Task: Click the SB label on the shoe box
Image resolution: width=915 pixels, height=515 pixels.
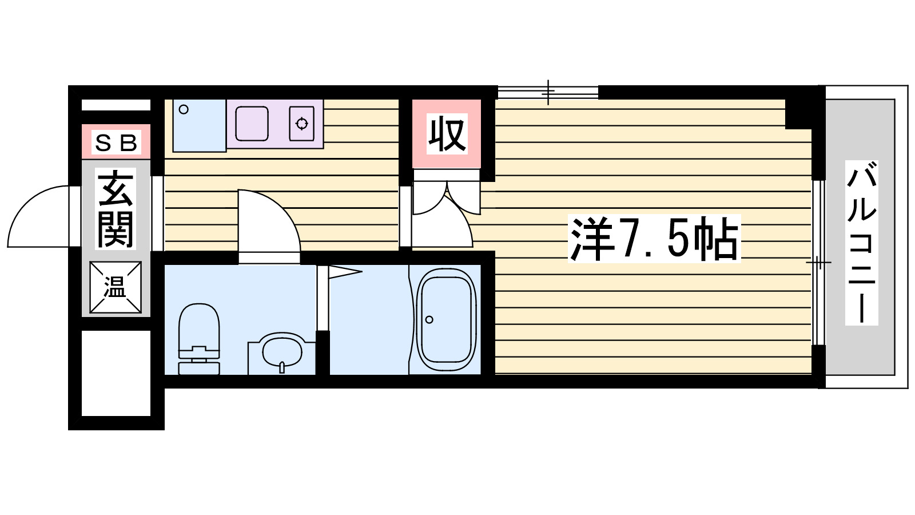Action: (x=116, y=142)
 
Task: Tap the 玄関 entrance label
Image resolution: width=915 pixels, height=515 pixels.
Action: (x=116, y=209)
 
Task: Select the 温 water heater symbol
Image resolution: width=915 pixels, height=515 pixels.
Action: (x=116, y=287)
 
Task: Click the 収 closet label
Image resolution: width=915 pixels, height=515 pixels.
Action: (x=447, y=134)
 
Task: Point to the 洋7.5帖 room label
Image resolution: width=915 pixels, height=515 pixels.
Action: (x=654, y=239)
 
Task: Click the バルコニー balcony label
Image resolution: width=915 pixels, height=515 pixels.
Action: (x=861, y=243)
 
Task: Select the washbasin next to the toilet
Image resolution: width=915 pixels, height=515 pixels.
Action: (x=281, y=351)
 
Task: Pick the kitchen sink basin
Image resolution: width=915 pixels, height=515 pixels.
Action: (x=252, y=123)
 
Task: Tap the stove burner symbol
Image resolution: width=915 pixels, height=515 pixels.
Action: (x=301, y=123)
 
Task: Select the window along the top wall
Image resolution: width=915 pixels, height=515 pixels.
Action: (x=548, y=92)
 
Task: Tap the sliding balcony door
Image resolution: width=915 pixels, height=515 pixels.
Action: (x=818, y=263)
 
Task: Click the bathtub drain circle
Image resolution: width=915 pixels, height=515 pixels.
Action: (x=429, y=319)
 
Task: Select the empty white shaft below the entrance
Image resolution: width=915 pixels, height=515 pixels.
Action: (x=116, y=373)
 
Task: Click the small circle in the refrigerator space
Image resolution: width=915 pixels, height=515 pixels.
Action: (x=184, y=109)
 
